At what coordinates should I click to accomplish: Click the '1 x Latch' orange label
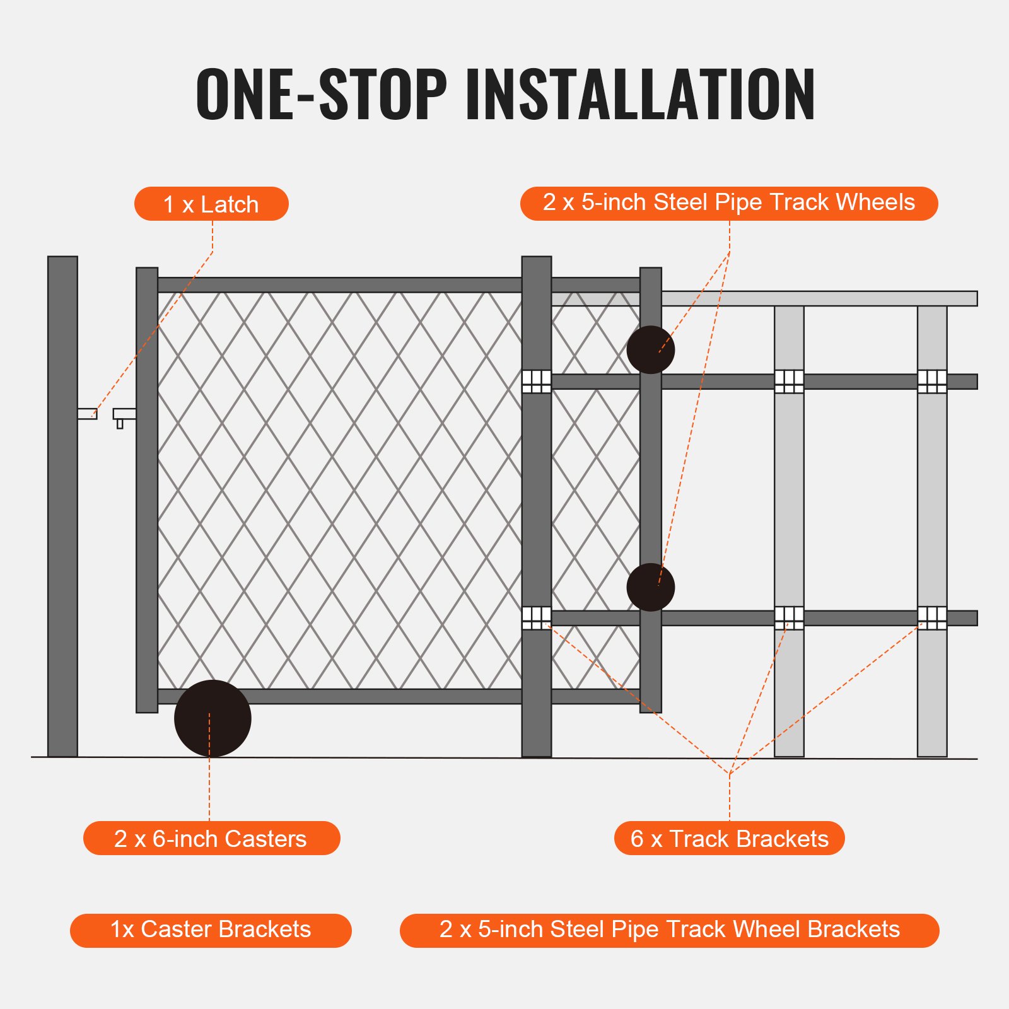(211, 204)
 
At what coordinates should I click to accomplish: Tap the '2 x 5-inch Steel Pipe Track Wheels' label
(728, 203)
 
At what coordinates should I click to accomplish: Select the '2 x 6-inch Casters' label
(211, 838)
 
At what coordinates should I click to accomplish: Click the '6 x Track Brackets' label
(729, 838)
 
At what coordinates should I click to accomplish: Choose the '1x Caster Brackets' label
(211, 930)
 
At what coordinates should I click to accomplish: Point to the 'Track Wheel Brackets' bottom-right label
(669, 930)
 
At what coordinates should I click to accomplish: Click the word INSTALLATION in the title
(640, 95)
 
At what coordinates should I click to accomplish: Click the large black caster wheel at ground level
(213, 718)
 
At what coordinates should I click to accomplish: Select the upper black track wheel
(650, 350)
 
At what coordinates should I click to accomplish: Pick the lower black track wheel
(650, 587)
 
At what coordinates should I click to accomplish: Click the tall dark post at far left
(62, 504)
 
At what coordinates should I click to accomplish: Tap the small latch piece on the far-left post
(87, 414)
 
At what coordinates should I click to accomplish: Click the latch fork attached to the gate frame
(124, 415)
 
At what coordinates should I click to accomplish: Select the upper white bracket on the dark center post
(537, 381)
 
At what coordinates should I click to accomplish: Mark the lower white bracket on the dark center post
(537, 617)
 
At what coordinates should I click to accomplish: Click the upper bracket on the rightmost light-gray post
(932, 381)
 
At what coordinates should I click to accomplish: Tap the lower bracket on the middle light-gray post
(789, 617)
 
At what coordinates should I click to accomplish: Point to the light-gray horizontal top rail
(820, 298)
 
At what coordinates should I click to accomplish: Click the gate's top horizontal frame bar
(341, 284)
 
